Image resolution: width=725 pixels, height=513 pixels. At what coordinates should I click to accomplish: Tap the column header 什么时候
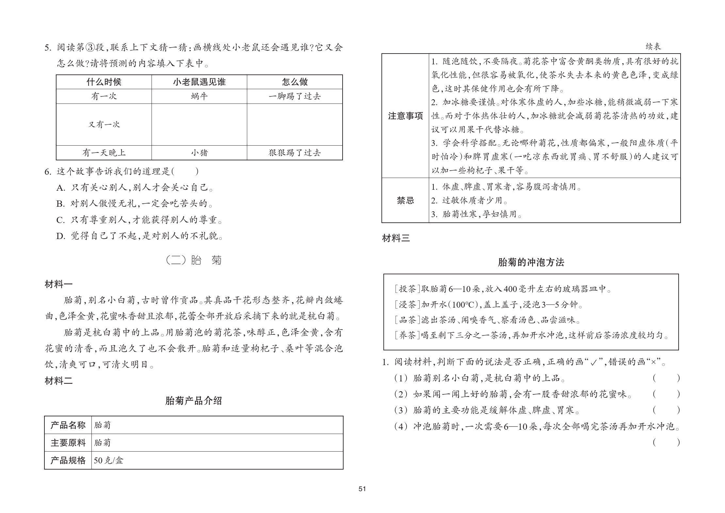coord(104,82)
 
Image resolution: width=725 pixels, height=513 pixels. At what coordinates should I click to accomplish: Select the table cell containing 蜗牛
coord(199,96)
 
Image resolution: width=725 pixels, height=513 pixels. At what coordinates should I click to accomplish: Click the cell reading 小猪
coord(199,153)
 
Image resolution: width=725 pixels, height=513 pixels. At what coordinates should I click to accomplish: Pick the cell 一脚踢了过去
coord(295,96)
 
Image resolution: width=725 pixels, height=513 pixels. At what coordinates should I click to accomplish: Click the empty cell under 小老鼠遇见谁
coord(199,124)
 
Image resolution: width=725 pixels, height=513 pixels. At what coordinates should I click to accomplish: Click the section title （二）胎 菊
coord(194,260)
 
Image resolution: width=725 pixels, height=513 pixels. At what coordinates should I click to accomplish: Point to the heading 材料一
coord(58,284)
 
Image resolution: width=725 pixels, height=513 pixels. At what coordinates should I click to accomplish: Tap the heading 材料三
coord(396,238)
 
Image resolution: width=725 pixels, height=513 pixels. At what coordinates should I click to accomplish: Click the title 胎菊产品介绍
coord(194,401)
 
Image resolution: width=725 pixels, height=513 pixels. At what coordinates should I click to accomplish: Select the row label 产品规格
coord(68,460)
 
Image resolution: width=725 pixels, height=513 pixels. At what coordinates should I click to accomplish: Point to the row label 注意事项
coord(405,116)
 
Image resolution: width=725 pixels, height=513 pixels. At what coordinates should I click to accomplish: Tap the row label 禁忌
coord(405,200)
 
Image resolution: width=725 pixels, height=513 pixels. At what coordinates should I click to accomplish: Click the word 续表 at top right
coord(653,47)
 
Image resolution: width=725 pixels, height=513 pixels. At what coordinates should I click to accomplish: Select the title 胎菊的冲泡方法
coord(531,262)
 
